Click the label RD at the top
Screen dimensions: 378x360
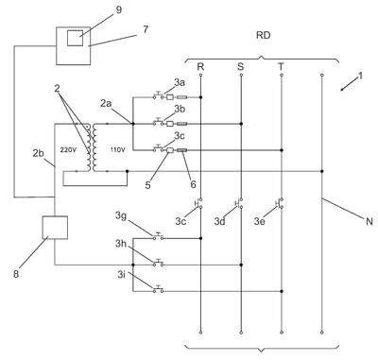[263, 35]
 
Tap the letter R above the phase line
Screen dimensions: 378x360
[200, 67]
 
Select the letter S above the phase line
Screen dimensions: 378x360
[240, 67]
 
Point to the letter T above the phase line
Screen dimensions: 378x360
[281, 67]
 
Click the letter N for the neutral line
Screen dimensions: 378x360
[369, 221]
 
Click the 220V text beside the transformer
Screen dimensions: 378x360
[68, 150]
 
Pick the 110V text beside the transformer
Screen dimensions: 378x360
[117, 150]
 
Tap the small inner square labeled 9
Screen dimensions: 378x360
[75, 38]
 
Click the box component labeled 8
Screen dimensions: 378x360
[55, 228]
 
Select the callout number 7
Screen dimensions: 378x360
[146, 29]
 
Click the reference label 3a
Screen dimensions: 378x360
[180, 82]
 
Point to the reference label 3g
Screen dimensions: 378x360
[121, 216]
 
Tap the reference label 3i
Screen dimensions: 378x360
[121, 275]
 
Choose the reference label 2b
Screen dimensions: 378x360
[39, 153]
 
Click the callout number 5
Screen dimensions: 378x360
[147, 185]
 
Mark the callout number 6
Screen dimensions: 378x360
[193, 184]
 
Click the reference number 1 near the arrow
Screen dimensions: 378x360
[360, 76]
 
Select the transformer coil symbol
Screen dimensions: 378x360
[91, 147]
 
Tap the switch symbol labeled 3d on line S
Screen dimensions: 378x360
[239, 203]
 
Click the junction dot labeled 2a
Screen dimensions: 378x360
[132, 124]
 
